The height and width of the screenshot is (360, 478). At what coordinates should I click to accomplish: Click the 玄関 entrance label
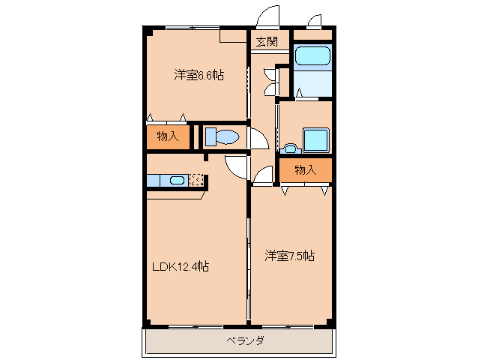(267, 41)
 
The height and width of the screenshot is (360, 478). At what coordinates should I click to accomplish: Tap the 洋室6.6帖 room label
(199, 75)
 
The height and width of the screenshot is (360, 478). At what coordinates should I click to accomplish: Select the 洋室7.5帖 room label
(289, 256)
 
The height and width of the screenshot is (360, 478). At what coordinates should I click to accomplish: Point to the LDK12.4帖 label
(181, 267)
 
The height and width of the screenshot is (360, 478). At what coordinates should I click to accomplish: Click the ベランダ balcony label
(245, 340)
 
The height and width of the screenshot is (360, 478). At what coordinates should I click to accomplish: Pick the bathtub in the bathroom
(312, 55)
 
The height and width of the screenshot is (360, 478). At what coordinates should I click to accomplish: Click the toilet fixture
(222, 136)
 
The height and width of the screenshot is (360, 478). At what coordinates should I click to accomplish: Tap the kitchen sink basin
(177, 180)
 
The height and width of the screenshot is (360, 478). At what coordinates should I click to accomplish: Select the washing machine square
(316, 139)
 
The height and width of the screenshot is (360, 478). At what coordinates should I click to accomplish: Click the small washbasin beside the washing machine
(291, 148)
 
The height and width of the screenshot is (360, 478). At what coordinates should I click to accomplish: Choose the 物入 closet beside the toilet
(168, 136)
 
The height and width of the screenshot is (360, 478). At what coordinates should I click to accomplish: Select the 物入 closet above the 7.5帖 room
(306, 170)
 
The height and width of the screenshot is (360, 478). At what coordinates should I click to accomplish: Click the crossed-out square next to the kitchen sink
(196, 180)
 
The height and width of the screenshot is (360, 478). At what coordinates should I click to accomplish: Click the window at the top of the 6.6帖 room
(193, 28)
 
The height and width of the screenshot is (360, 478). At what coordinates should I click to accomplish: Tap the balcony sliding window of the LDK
(196, 327)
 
